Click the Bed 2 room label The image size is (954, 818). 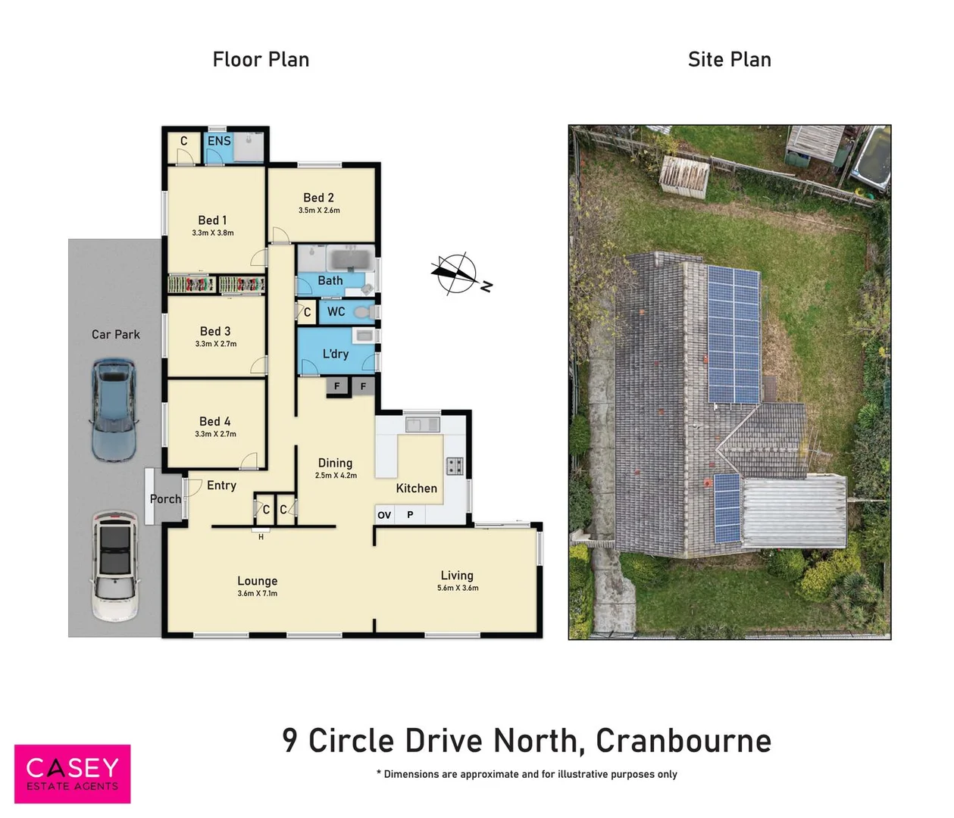(318, 198)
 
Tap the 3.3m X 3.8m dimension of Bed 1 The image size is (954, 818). (213, 233)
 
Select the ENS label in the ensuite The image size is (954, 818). (219, 141)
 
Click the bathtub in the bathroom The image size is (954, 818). (351, 259)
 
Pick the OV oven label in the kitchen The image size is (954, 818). (384, 515)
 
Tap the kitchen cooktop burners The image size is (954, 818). (455, 466)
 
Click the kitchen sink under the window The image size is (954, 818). (422, 423)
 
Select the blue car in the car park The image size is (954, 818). (113, 411)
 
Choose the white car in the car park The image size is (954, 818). (115, 566)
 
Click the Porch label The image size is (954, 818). (165, 498)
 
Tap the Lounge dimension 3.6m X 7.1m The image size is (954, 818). (258, 593)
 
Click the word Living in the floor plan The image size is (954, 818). (457, 576)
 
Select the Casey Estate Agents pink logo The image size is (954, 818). (73, 774)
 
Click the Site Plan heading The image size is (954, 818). (729, 60)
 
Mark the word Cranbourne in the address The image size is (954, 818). (683, 741)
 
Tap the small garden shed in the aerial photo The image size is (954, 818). (684, 176)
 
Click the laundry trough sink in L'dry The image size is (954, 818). (364, 335)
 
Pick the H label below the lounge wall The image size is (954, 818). (261, 536)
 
